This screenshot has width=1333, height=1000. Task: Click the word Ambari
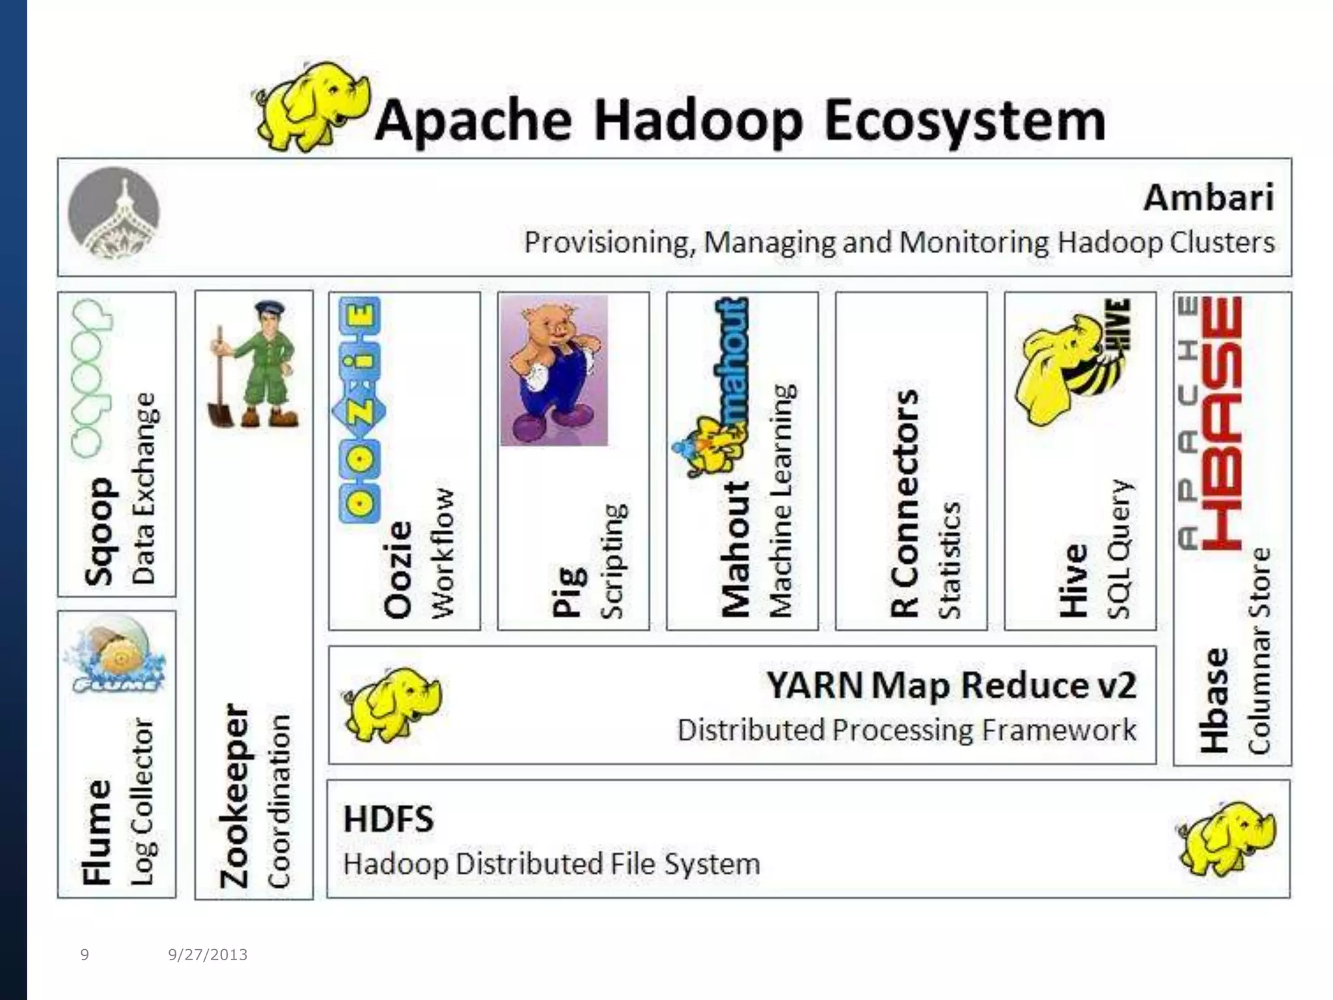point(1208,197)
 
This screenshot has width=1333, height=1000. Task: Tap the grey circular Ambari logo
point(114,213)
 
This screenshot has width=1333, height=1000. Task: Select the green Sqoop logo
point(91,378)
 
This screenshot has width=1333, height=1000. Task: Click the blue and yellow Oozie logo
point(359,410)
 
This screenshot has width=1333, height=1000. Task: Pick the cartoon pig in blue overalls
point(554,370)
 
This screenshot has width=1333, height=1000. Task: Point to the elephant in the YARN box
point(392,704)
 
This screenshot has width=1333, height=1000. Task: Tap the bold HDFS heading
point(388,818)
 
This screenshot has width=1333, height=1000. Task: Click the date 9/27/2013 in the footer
point(208,954)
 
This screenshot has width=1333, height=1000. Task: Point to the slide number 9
point(85,954)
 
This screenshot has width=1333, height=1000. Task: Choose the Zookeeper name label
point(235,796)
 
